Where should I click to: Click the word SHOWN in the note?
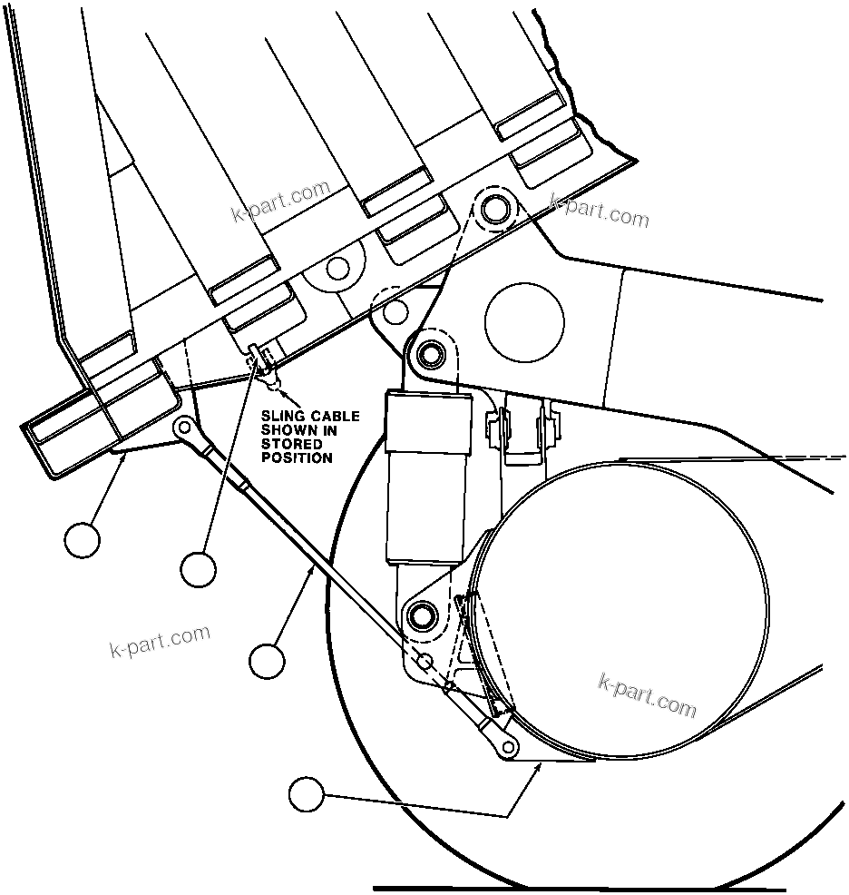(x=287, y=430)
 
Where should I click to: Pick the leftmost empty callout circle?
(x=83, y=540)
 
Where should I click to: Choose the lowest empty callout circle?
(x=307, y=795)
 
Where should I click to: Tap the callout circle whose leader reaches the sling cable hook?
(x=198, y=569)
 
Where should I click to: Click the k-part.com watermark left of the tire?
(x=159, y=642)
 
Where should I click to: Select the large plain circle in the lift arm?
(x=524, y=320)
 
